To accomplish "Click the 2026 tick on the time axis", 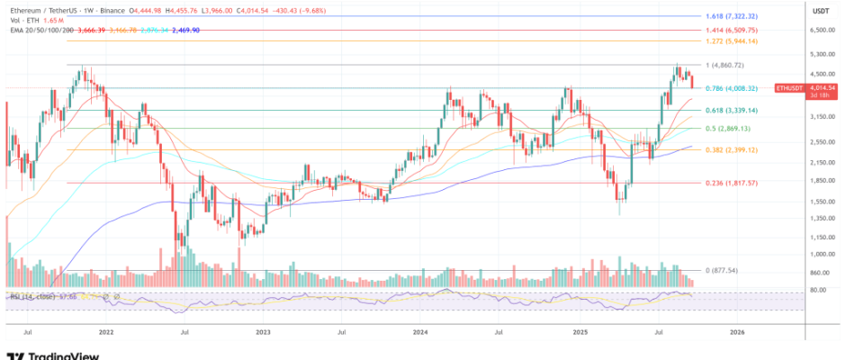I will pos(737,331).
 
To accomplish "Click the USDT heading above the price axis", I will pos(820,11).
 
